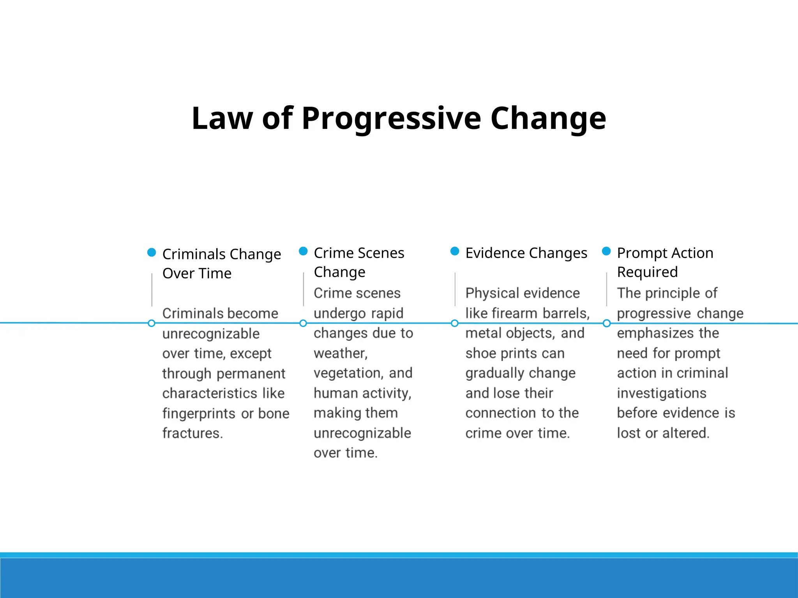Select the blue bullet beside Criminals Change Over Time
click(152, 252)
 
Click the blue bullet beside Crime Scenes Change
click(303, 251)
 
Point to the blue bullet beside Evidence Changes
click(455, 251)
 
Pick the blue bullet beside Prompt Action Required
click(606, 251)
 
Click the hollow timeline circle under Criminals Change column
click(152, 323)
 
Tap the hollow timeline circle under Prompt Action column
click(607, 323)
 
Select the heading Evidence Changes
click(526, 253)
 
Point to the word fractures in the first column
click(192, 433)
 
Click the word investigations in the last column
click(662, 393)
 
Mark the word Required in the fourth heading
click(647, 272)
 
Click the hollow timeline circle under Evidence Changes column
click(454, 323)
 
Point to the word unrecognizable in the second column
click(362, 433)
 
